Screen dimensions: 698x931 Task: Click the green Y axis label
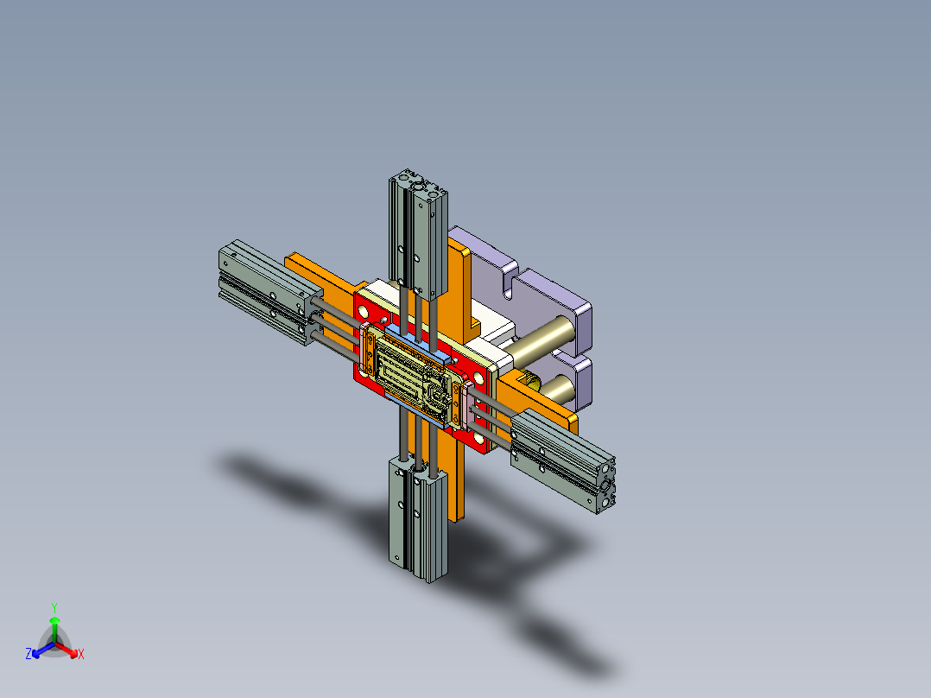[x=54, y=606]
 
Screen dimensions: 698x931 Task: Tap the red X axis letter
[x=81, y=654]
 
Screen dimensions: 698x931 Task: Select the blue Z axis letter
[x=28, y=654]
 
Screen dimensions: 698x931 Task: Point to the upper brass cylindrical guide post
[x=544, y=337]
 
